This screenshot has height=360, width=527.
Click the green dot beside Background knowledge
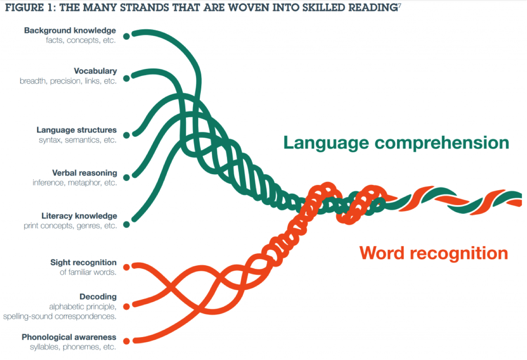126,36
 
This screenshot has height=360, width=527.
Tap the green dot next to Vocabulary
126,78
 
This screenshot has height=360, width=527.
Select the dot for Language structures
126,135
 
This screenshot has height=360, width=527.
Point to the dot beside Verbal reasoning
126,177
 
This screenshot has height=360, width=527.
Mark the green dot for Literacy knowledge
126,225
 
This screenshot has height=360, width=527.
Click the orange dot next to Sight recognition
126,267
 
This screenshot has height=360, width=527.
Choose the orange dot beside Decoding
126,307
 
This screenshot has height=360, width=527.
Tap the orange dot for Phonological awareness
126,341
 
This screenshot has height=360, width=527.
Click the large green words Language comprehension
396,143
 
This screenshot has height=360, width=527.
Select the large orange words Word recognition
434,253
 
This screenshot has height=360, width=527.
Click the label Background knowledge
70,30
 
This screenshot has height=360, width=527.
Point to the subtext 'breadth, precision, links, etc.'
68,81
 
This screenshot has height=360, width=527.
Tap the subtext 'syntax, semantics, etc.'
78,140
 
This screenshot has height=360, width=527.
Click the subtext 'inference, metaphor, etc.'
75,183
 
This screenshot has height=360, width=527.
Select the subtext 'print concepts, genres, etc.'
71,226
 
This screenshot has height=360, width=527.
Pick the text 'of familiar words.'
88,272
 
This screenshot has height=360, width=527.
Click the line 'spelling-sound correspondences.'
60,316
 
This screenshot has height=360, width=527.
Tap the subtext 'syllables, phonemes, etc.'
73,347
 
